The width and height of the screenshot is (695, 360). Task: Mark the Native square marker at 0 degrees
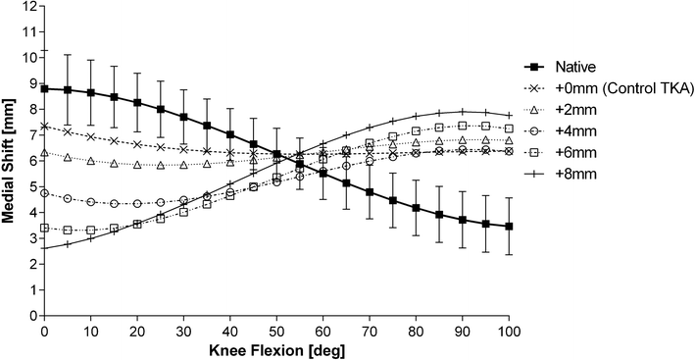44,88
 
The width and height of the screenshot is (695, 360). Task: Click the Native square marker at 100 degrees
509,227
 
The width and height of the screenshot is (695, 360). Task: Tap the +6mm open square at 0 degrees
44,228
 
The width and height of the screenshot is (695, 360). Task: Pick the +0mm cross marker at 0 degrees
44,127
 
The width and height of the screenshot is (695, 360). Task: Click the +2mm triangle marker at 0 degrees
44,153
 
